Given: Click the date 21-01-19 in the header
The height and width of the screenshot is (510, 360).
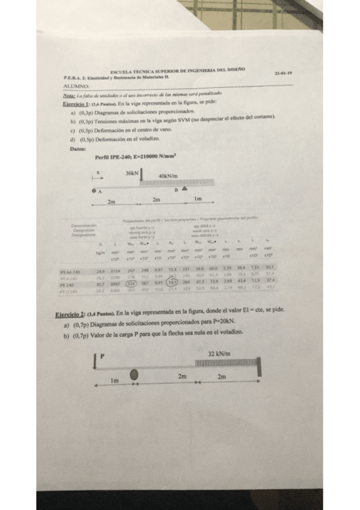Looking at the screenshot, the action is click(x=283, y=74).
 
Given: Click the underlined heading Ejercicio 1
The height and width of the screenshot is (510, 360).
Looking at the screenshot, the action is click(x=76, y=104).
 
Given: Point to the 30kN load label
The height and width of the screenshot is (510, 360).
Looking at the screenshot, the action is click(x=132, y=173).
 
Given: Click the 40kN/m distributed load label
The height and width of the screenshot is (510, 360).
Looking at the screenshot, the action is click(x=168, y=176).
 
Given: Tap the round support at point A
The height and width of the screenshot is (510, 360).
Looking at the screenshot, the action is click(x=94, y=190).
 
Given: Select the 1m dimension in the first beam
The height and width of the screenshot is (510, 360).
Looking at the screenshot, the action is click(x=198, y=198).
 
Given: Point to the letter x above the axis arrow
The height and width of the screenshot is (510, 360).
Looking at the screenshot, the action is click(x=97, y=171).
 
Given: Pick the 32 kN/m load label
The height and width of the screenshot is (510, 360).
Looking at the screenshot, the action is click(x=219, y=354).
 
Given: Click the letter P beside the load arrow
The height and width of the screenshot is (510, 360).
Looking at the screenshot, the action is click(x=102, y=356).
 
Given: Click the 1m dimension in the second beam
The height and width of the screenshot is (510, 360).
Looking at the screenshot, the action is click(x=115, y=380).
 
